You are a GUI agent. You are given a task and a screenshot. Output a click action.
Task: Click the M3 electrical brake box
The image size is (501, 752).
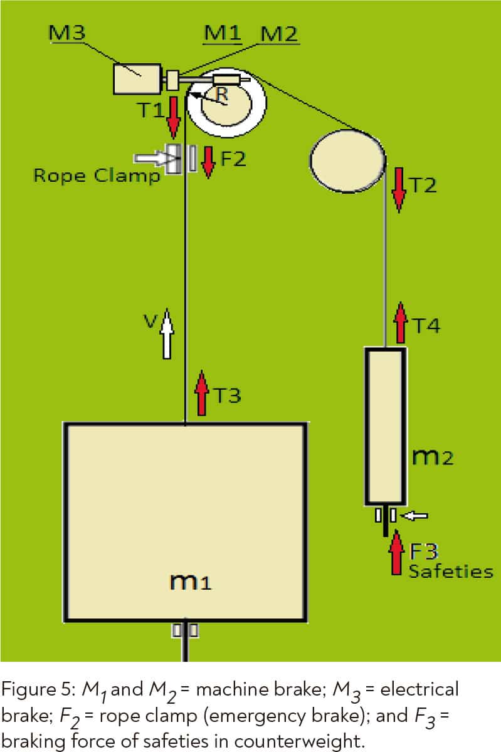137,80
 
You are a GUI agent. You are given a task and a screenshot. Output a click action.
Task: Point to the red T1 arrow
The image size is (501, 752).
174,121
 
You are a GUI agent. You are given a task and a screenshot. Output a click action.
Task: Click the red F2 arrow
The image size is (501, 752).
208,160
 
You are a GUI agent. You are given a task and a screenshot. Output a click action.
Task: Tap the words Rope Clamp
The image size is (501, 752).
96,176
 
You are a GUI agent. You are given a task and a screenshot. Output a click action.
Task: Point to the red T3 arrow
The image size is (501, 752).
202,393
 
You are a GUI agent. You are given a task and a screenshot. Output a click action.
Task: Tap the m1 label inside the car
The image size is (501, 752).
191,583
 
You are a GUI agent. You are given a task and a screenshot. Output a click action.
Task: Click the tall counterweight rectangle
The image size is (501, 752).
384,426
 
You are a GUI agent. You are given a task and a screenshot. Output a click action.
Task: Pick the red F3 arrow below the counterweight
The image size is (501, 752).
396,552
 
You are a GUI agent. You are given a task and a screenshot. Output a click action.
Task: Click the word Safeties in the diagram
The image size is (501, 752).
450,571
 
